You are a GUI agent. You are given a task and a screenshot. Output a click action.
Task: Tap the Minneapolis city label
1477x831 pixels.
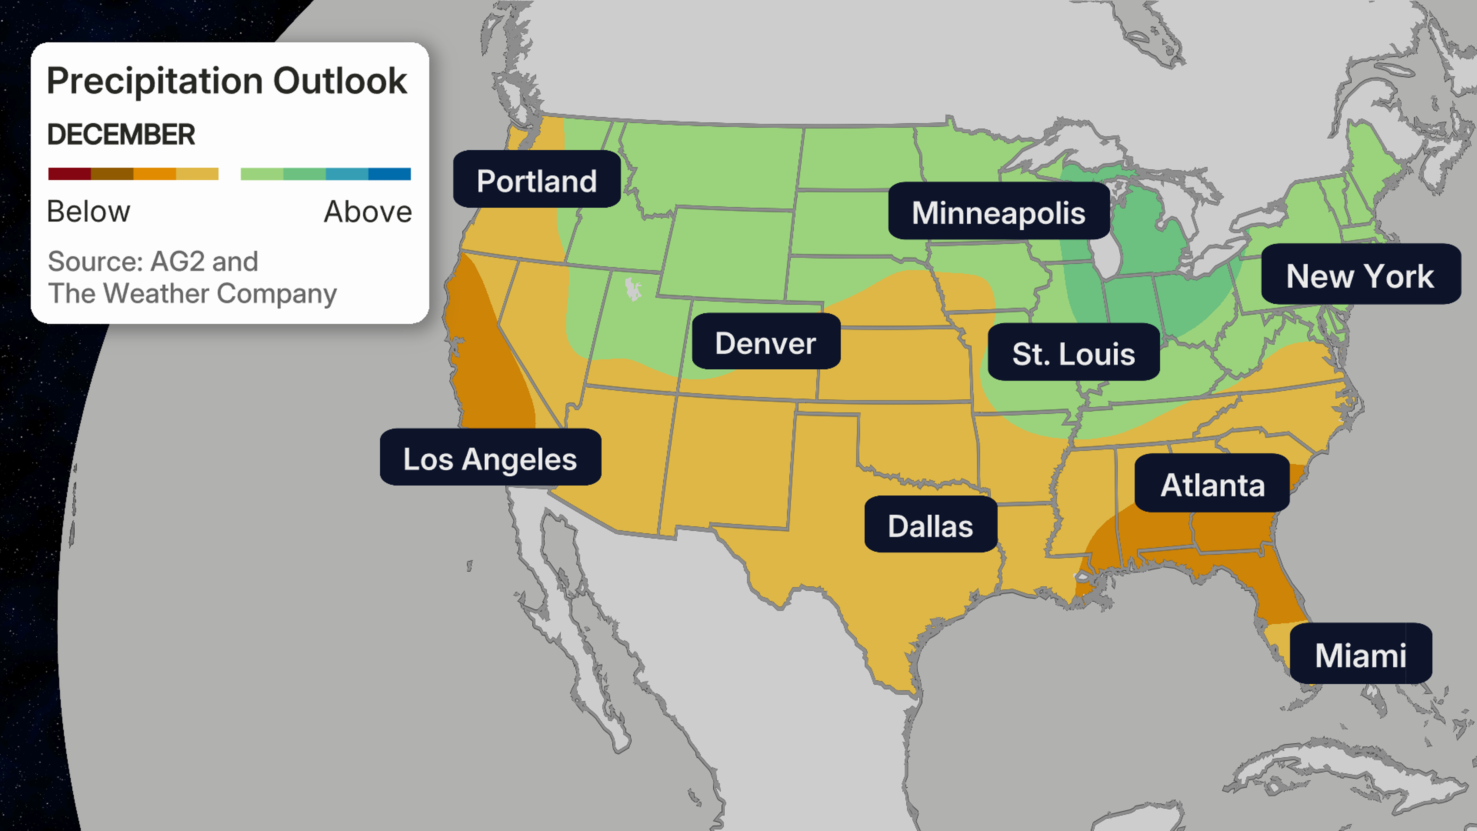(998, 212)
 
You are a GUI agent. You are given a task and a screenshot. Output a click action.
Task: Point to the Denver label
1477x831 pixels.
(765, 342)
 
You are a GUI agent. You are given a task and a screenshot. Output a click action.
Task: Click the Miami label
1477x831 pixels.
(1360, 654)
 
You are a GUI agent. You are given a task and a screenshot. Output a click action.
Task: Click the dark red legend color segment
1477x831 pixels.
(69, 174)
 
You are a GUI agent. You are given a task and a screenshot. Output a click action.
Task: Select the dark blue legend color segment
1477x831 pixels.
(389, 174)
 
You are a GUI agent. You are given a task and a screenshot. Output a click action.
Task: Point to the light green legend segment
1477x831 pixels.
(262, 174)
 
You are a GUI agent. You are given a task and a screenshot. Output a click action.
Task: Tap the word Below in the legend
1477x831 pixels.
(89, 211)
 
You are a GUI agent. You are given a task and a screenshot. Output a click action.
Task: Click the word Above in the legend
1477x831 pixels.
(368, 211)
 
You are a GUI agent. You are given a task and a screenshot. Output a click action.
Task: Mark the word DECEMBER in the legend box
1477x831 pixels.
(121, 134)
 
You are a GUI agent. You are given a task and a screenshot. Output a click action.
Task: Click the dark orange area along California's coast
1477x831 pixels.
(487, 367)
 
